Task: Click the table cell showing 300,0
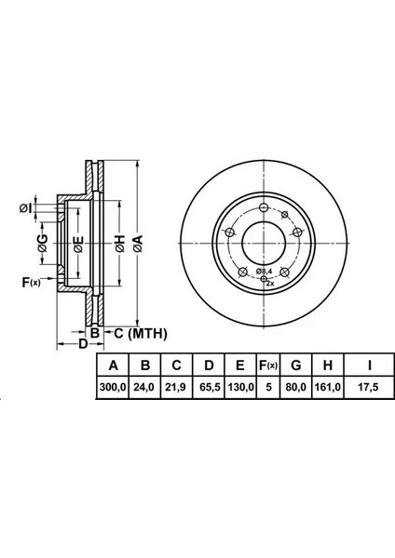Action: pyautogui.click(x=113, y=387)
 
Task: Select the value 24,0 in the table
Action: pyautogui.click(x=144, y=387)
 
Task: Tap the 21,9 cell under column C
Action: pyautogui.click(x=175, y=387)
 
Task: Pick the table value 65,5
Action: pyautogui.click(x=208, y=387)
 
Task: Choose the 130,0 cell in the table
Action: pyautogui.click(x=240, y=387)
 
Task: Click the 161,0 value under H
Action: pyautogui.click(x=327, y=387)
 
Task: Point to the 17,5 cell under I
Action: pyautogui.click(x=369, y=387)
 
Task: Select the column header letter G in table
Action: pyautogui.click(x=296, y=365)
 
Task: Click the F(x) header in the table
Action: pyautogui.click(x=268, y=365)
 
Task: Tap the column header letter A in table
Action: pyautogui.click(x=113, y=365)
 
